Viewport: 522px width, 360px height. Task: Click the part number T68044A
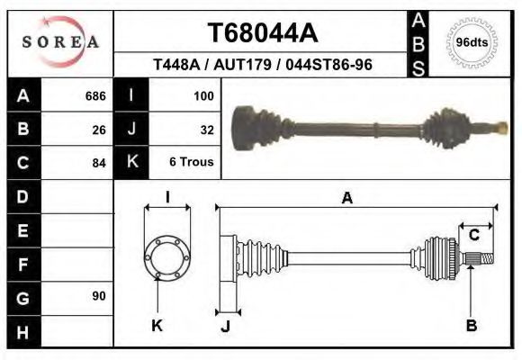click(x=263, y=33)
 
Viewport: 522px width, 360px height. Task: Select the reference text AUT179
click(x=263, y=65)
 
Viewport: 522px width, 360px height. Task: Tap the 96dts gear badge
click(x=472, y=42)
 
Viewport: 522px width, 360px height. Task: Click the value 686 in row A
click(x=94, y=95)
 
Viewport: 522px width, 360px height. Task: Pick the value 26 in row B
click(x=98, y=130)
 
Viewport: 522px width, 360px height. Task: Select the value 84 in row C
click(x=98, y=163)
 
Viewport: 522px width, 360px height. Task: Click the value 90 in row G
click(x=98, y=296)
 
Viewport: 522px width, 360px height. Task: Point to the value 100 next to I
click(x=202, y=95)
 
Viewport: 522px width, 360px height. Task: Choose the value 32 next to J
click(x=206, y=130)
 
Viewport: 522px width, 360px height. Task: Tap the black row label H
click(x=23, y=330)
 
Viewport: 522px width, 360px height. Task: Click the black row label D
click(x=23, y=196)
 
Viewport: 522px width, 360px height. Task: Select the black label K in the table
click(x=131, y=163)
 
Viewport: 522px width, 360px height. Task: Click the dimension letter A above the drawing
click(x=346, y=199)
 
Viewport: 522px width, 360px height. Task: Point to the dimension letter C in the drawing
click(x=473, y=235)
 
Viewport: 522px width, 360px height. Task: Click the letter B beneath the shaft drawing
click(x=471, y=326)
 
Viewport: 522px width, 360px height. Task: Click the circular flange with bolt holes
click(x=167, y=256)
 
